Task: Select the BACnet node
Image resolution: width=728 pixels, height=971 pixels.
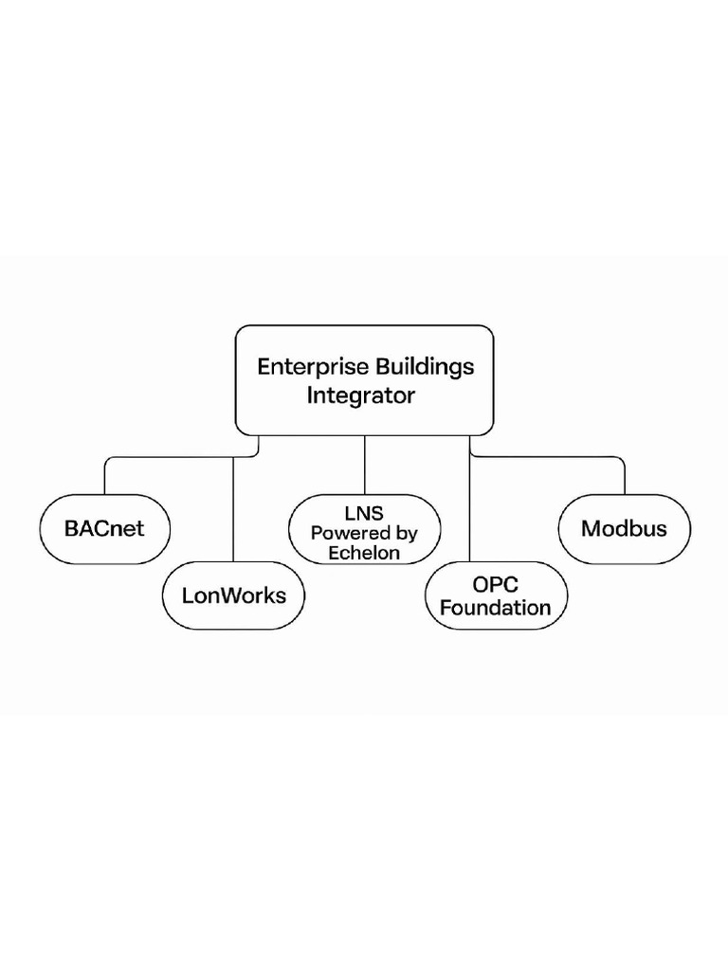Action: pyautogui.click(x=104, y=529)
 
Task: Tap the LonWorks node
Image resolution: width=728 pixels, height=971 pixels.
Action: pyautogui.click(x=233, y=596)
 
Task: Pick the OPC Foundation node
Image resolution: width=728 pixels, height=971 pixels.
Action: pyautogui.click(x=496, y=595)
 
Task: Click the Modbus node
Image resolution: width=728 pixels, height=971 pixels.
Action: pyautogui.click(x=624, y=529)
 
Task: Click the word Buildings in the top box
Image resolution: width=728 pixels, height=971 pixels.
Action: pyautogui.click(x=426, y=367)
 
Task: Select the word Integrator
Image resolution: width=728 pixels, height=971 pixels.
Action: pyautogui.click(x=361, y=396)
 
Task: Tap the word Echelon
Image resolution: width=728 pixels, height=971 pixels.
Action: pyautogui.click(x=364, y=553)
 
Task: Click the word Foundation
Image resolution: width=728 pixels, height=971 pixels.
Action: pyautogui.click(x=496, y=608)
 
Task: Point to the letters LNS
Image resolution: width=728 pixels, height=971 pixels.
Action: pyautogui.click(x=364, y=513)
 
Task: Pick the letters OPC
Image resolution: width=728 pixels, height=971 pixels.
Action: pyautogui.click(x=496, y=584)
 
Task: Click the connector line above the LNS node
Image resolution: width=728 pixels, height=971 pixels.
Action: pyautogui.click(x=364, y=465)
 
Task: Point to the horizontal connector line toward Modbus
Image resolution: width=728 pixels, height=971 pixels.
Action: pyautogui.click(x=550, y=458)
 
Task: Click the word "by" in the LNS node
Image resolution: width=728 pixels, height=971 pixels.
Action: pyautogui.click(x=405, y=533)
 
